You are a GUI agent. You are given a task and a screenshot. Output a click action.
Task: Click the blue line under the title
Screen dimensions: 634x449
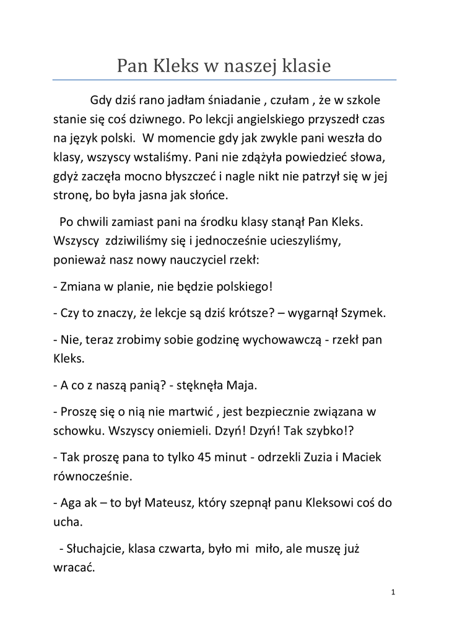tap(224, 80)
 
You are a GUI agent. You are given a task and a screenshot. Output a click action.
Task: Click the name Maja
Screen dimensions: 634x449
tap(241, 384)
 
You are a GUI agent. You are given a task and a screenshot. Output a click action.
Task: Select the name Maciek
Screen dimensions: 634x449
tap(365, 456)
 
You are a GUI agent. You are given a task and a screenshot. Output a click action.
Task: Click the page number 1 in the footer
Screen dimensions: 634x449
tap(393, 593)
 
